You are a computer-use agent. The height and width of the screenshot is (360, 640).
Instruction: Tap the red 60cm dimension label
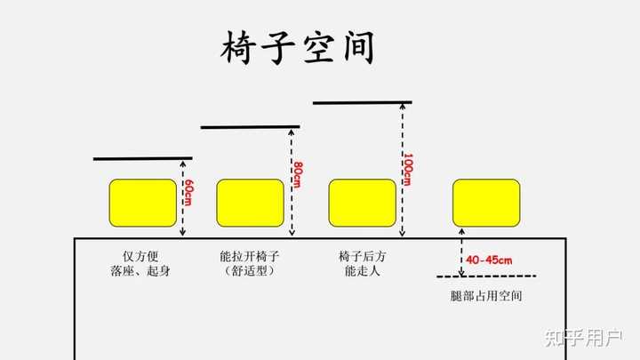click(x=188, y=196)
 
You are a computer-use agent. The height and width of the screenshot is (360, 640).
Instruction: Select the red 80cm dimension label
click(x=297, y=173)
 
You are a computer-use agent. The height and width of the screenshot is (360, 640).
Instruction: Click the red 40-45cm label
click(x=489, y=260)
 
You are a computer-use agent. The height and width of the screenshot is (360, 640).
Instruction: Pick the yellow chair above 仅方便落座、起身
click(x=142, y=202)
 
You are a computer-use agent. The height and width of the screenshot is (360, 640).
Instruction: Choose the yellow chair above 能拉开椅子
click(x=250, y=202)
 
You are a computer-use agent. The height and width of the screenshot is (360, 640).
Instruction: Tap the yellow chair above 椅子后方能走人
click(x=362, y=202)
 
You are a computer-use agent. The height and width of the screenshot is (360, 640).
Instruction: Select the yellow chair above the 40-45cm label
click(x=485, y=202)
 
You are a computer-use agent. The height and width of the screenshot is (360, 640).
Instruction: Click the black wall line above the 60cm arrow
click(x=142, y=159)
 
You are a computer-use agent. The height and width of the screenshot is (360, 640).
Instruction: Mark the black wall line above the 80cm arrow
click(x=250, y=127)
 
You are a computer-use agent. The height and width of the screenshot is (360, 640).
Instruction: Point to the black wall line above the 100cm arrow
click(x=362, y=102)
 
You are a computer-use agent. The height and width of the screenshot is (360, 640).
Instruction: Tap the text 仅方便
click(x=142, y=256)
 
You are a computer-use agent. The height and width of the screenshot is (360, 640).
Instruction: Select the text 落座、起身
click(x=142, y=271)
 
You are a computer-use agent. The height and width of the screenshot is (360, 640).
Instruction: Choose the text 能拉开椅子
click(x=250, y=256)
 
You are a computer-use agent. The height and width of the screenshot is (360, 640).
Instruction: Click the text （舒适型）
click(x=250, y=271)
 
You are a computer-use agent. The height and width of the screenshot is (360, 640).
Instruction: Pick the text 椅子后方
click(x=362, y=256)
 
